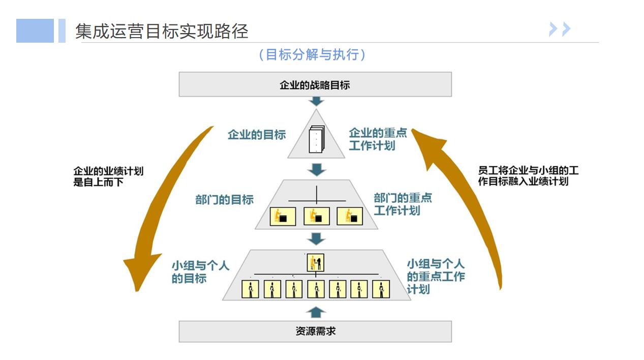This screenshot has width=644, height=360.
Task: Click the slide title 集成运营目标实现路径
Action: point(162,32)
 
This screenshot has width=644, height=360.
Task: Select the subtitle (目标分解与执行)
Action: point(312,55)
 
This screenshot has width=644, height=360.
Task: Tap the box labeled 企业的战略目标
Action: point(315,84)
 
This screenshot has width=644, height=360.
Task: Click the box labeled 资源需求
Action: point(315,332)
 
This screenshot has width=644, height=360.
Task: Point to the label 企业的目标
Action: point(257,135)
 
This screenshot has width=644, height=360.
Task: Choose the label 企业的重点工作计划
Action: point(378,139)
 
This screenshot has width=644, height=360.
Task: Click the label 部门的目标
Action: point(224,200)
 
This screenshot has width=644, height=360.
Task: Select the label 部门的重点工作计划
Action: point(403,204)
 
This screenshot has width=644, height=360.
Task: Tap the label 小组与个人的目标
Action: point(200,272)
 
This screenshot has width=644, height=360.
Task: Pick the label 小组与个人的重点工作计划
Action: point(436,277)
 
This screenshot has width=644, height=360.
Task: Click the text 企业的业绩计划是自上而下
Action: point(108,176)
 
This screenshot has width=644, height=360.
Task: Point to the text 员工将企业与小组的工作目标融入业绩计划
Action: point(528,176)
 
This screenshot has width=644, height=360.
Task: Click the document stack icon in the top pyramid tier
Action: point(316,139)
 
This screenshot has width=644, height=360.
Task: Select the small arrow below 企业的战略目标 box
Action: point(317,101)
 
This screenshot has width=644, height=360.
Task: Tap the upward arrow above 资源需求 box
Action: point(316,312)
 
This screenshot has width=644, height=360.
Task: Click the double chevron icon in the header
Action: point(560,29)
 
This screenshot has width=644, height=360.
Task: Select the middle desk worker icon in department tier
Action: point(316,216)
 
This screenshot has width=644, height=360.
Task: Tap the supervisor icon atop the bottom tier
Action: point(316,263)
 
